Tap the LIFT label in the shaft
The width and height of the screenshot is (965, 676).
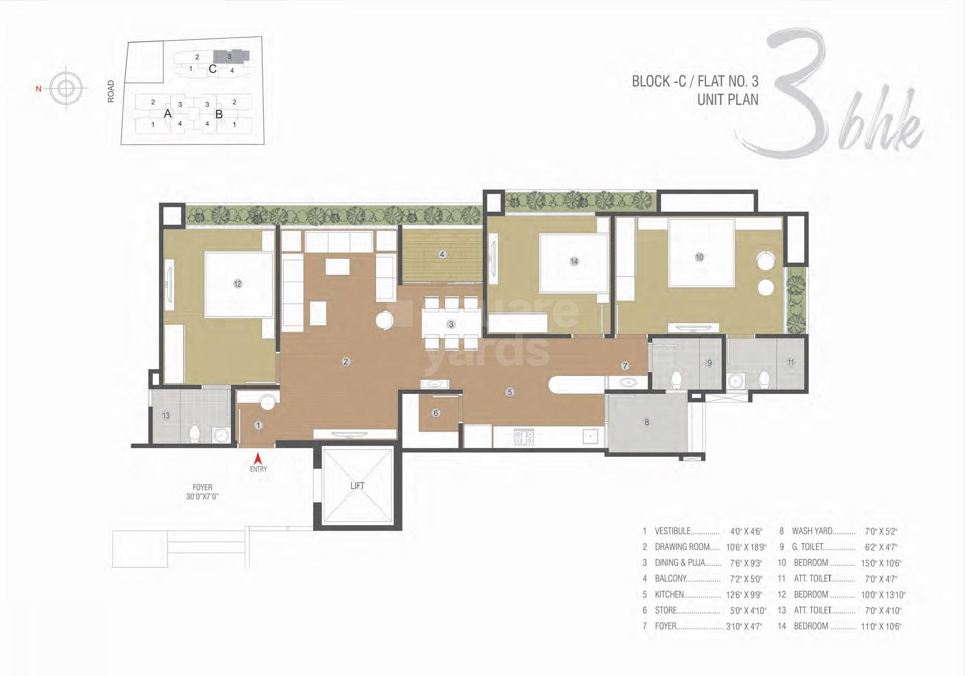(x=357, y=485)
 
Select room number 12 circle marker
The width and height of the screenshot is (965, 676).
(x=237, y=284)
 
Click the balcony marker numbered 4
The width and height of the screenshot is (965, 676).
(x=442, y=254)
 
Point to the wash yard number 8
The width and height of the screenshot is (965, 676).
(x=647, y=422)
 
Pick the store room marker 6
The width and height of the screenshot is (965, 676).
(x=435, y=413)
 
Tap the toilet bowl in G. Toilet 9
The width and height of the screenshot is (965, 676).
(x=676, y=380)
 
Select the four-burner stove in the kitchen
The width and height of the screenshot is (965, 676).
(x=524, y=437)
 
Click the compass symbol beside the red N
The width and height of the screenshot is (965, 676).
(x=66, y=88)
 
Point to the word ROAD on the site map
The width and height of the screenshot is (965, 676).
(x=111, y=91)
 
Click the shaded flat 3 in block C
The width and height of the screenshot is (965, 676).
(x=230, y=56)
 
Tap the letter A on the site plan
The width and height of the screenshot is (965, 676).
(x=167, y=114)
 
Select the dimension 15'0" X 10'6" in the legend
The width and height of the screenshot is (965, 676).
(x=881, y=563)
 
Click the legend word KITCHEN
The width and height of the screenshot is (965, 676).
(x=669, y=594)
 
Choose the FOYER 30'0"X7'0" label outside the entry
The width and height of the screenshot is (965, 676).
(x=202, y=492)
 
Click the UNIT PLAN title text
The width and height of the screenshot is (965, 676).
(x=728, y=100)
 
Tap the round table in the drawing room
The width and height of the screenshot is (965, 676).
(x=384, y=321)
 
